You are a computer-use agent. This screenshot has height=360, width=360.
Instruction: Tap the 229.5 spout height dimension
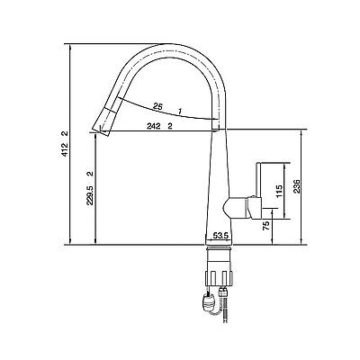point(90,195)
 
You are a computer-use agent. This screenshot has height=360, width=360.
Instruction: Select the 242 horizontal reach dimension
point(153,126)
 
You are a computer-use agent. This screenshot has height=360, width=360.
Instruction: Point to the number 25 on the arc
point(157,105)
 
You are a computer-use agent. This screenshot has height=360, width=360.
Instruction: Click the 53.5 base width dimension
point(220,236)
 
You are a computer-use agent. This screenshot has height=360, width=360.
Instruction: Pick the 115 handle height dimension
point(279,192)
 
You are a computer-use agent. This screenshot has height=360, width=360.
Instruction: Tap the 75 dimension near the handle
point(265,226)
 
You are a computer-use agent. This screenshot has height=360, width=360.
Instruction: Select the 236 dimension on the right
point(296,186)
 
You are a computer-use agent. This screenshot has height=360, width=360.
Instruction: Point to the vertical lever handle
point(259,180)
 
